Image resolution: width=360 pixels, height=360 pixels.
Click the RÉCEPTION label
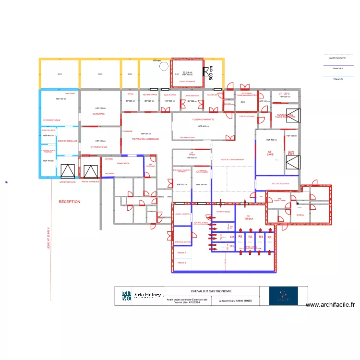pyautogui.click(x=70, y=202)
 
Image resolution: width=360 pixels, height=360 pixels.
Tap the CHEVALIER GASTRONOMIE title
pyautogui.click(x=211, y=291)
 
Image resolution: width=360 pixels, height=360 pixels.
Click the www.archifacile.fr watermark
pyautogui.click(x=330, y=304)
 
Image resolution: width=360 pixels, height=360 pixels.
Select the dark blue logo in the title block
pyautogui.click(x=283, y=296)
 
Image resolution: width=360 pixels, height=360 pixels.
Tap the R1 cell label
pyautogui.click(x=240, y=237)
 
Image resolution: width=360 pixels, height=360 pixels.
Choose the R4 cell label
pyautogui.click(x=269, y=237)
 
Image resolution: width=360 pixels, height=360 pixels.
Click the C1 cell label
pyautogui.click(x=231, y=228)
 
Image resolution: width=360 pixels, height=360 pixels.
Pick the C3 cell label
pyautogui.click(x=231, y=246)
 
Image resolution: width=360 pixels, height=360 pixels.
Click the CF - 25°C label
pyautogui.click(x=284, y=94)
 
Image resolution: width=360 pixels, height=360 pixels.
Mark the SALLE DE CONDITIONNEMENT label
pyautogui.click(x=233, y=160)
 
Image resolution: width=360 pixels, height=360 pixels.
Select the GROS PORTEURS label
pyautogui.click(x=68, y=182)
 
